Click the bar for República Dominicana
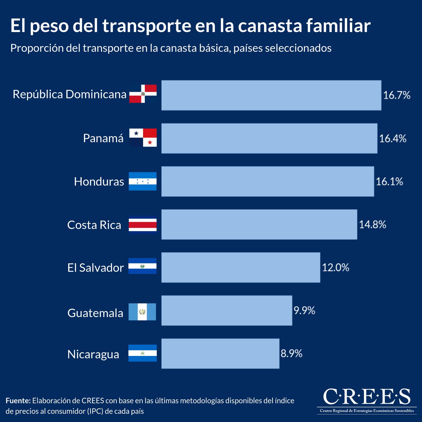(271, 95)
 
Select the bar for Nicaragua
(220, 353)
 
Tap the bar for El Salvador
(241, 267)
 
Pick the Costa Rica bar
(259, 224)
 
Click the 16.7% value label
(397, 95)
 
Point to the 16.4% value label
(392, 139)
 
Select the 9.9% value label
(304, 311)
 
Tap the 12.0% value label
(335, 268)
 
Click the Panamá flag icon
(143, 138)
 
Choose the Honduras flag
(142, 181)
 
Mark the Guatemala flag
(142, 312)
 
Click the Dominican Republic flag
(143, 94)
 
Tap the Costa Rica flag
(142, 225)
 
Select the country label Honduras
(99, 181)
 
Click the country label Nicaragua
(93, 354)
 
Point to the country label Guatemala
(95, 313)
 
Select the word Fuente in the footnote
(18, 401)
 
